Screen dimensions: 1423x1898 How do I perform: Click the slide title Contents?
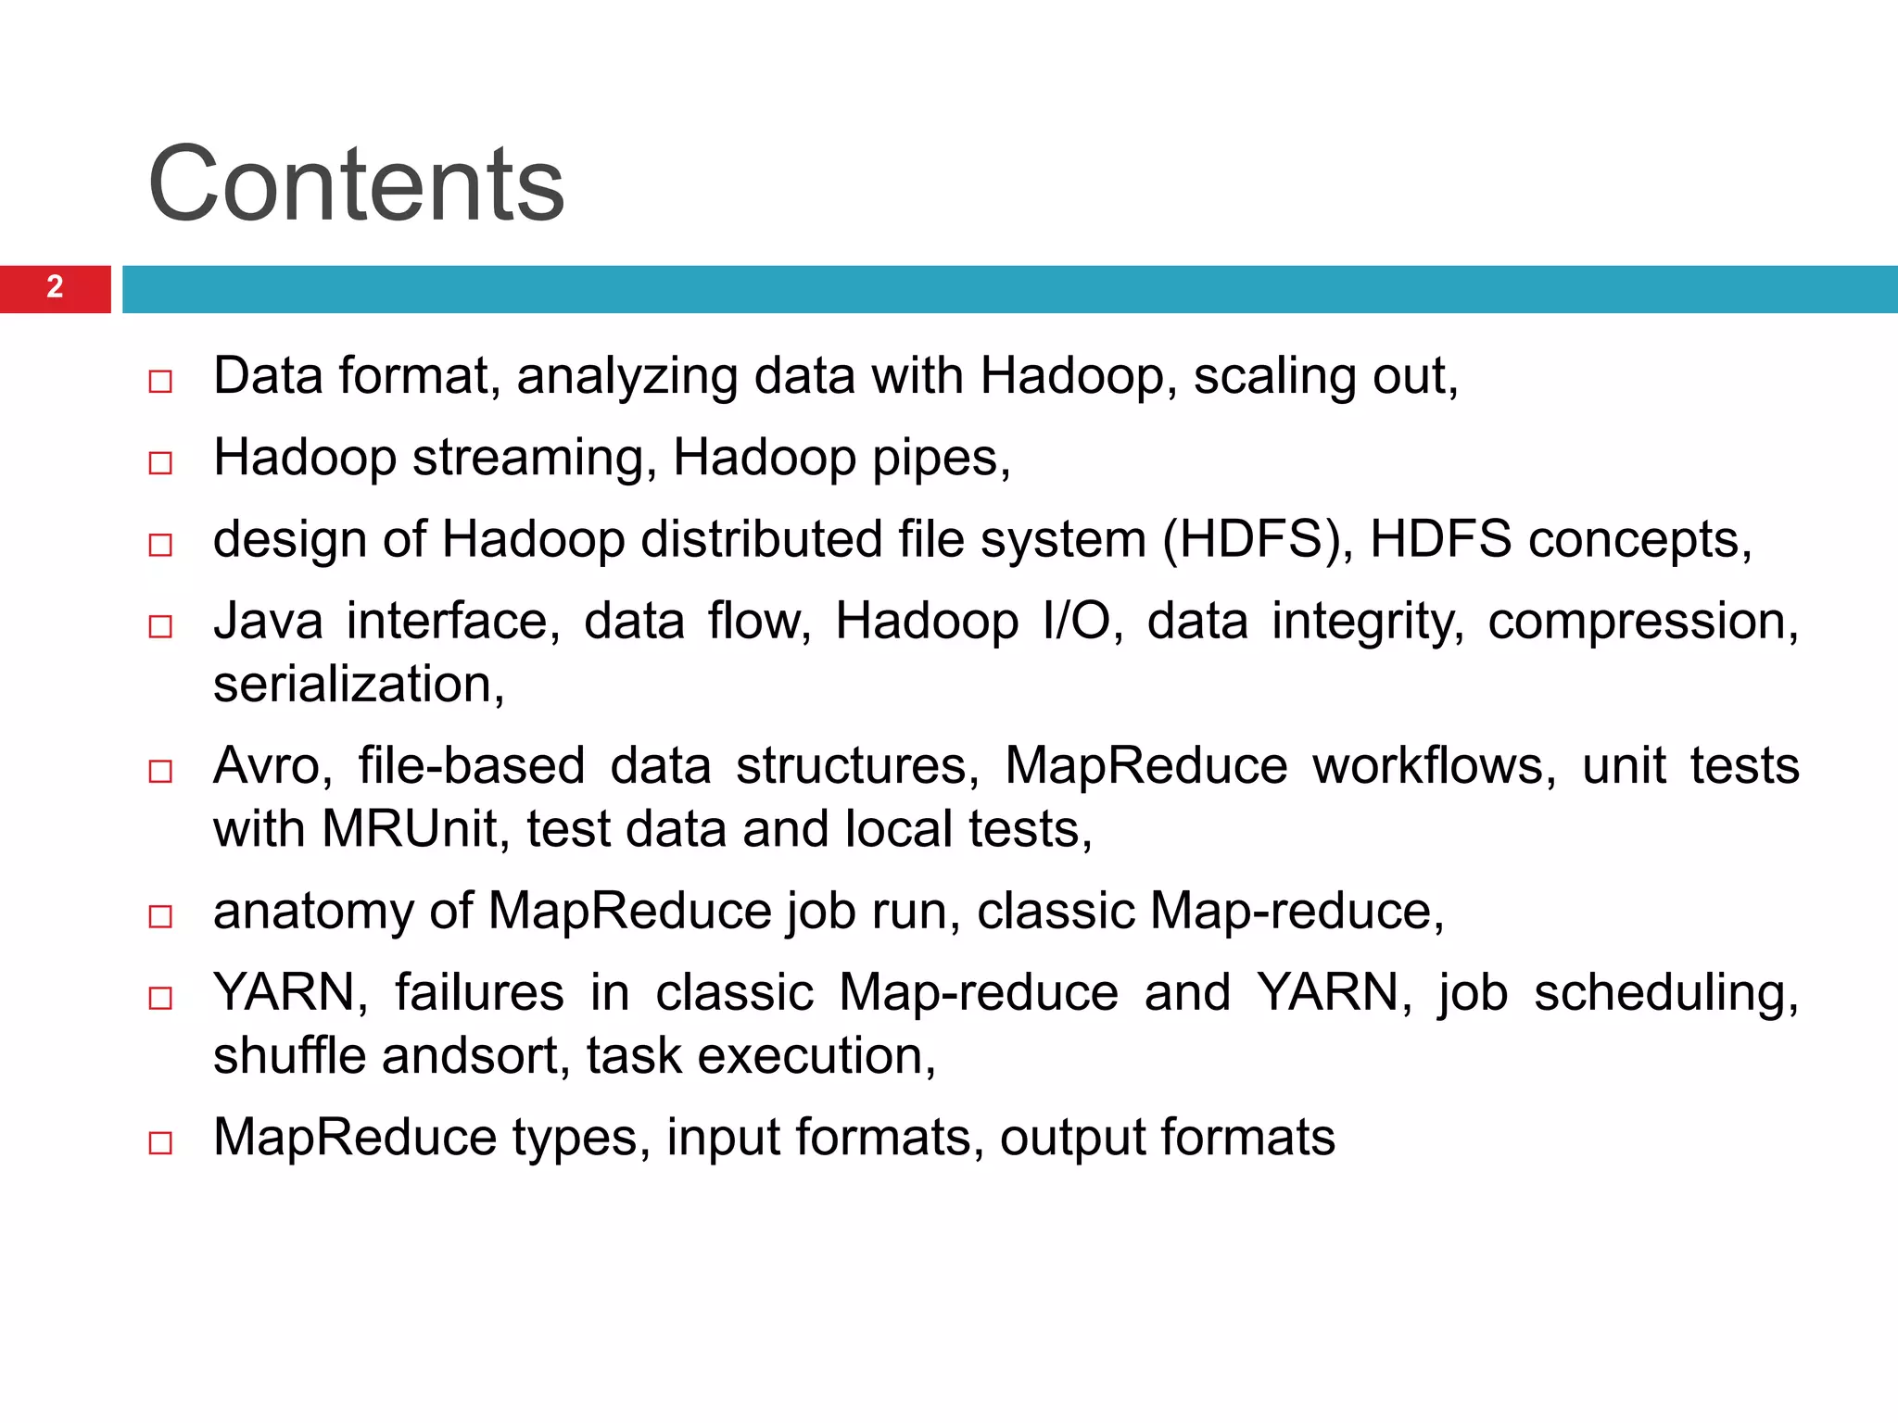(356, 185)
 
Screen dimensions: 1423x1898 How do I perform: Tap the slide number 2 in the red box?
(55, 287)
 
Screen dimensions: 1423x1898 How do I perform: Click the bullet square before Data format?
(160, 381)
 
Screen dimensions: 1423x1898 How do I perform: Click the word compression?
(1642, 623)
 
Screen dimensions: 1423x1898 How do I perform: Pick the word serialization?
(358, 686)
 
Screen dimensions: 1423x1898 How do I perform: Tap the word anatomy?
(313, 913)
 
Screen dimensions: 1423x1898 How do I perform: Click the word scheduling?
(1665, 994)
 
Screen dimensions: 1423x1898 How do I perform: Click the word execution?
(816, 1056)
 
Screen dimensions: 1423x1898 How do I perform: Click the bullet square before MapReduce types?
(160, 1142)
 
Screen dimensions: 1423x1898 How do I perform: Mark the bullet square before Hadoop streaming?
(160, 462)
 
